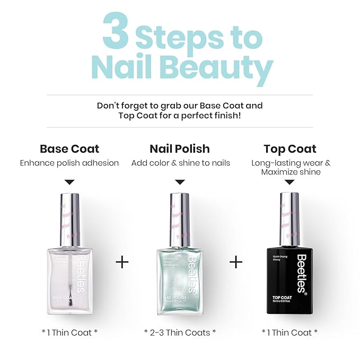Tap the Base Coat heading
click(x=69, y=148)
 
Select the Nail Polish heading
click(x=180, y=148)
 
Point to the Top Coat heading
click(x=290, y=148)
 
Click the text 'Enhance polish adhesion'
click(x=69, y=163)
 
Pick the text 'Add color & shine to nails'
click(x=180, y=163)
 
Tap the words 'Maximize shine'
click(x=291, y=172)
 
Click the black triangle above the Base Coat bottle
click(x=69, y=181)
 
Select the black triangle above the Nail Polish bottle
click(x=180, y=181)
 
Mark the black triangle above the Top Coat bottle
click(x=290, y=181)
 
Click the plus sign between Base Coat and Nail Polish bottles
click(x=122, y=262)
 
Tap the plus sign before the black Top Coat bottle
click(x=236, y=262)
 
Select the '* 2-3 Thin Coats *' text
click(x=180, y=332)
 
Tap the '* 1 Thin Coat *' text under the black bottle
click(x=290, y=332)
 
